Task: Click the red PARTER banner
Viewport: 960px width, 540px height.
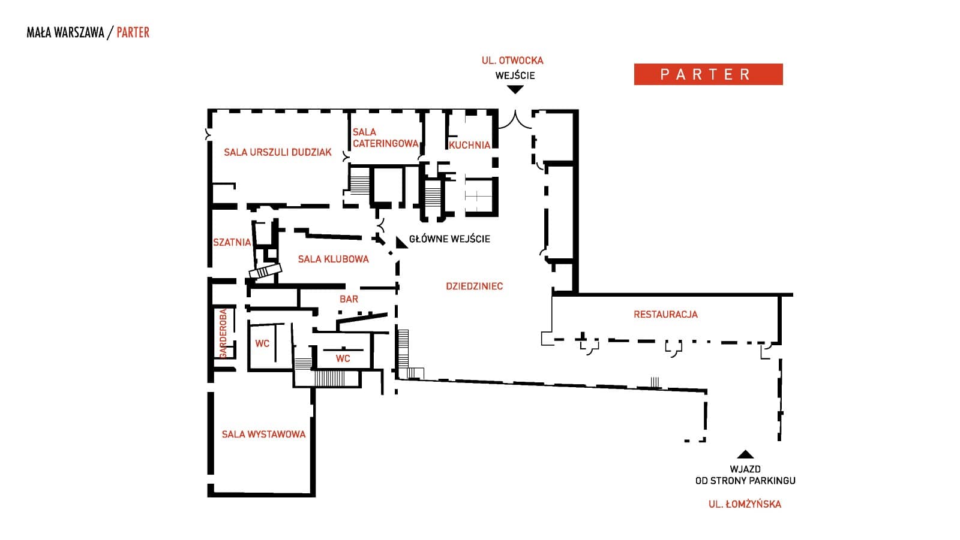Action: [708, 74]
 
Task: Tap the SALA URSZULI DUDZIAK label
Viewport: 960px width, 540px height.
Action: [277, 152]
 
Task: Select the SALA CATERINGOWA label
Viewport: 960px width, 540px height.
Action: [385, 138]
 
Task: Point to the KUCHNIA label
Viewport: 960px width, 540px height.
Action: [469, 145]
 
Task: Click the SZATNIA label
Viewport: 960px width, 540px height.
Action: [232, 242]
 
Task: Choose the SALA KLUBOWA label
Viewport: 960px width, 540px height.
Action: [333, 259]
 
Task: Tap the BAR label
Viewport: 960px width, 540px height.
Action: [349, 298]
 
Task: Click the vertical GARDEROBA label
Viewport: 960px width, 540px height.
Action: [223, 333]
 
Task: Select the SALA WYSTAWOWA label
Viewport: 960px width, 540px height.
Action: [263, 434]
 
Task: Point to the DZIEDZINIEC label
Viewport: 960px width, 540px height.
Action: [474, 286]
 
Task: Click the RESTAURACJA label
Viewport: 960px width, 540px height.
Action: [665, 314]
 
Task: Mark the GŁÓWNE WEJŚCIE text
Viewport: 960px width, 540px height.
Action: [449, 239]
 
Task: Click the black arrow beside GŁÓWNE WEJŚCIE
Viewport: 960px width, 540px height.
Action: [401, 242]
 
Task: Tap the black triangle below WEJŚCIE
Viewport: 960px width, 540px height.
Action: [515, 90]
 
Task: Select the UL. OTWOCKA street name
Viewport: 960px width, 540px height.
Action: [512, 61]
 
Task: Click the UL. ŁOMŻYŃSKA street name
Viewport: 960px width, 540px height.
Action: [745, 504]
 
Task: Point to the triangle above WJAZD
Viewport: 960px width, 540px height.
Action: [745, 454]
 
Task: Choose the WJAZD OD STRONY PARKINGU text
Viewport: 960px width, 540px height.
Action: [745, 475]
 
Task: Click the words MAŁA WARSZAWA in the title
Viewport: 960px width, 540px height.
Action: [65, 32]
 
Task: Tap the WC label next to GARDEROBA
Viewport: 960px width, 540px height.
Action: [262, 343]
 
